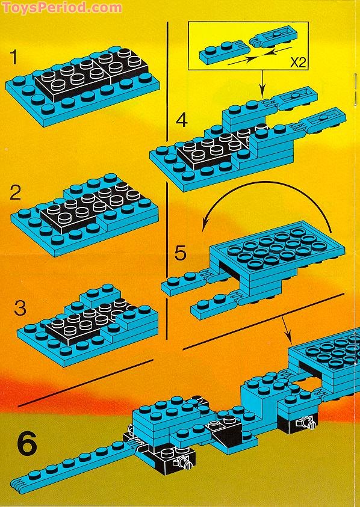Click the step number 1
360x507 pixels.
click(16, 58)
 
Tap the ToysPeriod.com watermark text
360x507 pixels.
click(61, 8)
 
